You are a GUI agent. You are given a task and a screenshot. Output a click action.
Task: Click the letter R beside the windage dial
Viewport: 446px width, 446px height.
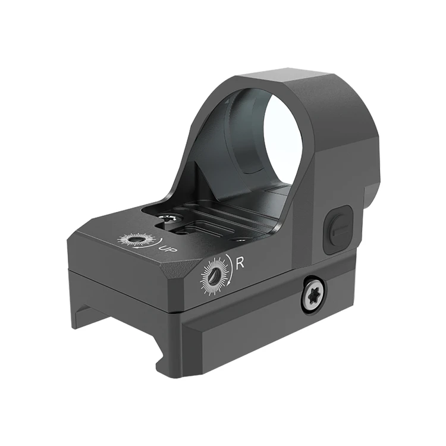[240, 263]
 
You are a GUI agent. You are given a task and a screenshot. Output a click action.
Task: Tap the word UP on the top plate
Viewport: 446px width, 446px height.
[168, 249]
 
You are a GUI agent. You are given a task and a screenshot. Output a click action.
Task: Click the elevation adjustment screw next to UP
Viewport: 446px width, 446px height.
[134, 240]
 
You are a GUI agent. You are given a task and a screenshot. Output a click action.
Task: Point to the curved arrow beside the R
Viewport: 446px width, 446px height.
[231, 269]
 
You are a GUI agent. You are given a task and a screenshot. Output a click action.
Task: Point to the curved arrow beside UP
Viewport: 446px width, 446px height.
[149, 243]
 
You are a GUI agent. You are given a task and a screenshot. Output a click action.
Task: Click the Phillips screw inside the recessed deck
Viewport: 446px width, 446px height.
[168, 218]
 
